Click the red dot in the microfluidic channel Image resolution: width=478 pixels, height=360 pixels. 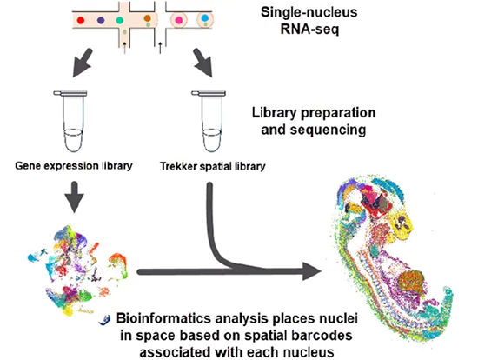[x=81, y=21]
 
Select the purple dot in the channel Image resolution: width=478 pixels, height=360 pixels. [x=101, y=21]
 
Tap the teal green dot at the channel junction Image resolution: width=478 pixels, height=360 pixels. [x=120, y=21]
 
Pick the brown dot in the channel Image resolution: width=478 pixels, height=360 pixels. [x=148, y=18]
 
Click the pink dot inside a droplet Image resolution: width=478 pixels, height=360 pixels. [x=178, y=21]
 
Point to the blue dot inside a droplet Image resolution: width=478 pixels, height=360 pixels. [x=205, y=17]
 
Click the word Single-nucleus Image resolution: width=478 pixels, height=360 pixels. [x=309, y=12]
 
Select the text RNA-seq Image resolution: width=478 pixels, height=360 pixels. [x=309, y=30]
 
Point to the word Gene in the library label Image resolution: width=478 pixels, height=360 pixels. [x=24, y=166]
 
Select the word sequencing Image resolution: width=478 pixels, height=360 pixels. [x=328, y=130]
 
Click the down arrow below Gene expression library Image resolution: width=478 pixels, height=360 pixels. [x=75, y=197]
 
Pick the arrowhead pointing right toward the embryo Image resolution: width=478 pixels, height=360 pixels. [x=312, y=271]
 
